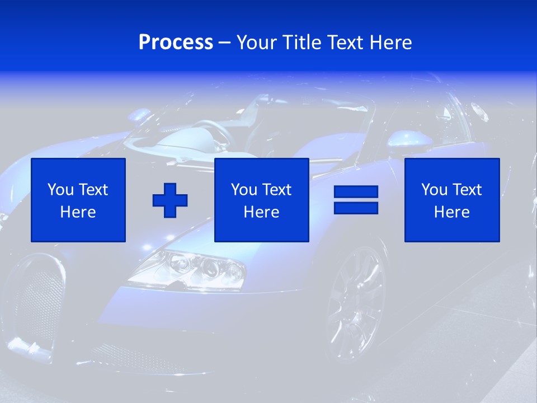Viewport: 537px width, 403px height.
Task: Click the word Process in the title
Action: coord(176,43)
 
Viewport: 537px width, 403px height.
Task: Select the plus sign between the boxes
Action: coord(170,200)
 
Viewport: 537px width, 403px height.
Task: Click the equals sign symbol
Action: coord(356,200)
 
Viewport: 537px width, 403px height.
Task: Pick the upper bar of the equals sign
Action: coord(356,192)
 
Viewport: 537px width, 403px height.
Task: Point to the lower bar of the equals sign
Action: coord(356,208)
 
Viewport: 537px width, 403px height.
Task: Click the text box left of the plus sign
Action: coord(78,200)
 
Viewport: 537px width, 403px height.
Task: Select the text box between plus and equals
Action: coord(261,200)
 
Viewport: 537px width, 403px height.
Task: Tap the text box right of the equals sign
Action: coord(452,200)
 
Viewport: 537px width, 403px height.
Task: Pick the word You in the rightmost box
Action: coord(434,190)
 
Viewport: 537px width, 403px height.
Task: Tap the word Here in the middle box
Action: coord(261,212)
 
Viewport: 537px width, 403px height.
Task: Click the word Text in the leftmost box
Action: coord(93,190)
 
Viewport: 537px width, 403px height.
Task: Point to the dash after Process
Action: coord(224,43)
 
